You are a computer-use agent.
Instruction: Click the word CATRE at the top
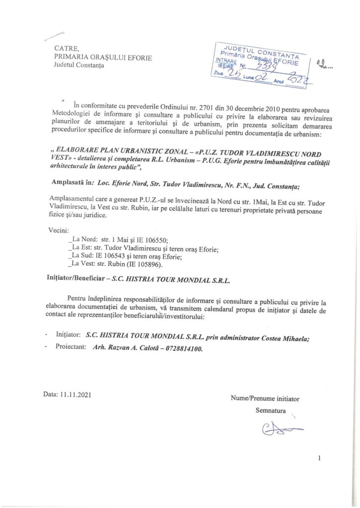pyautogui.click(x=67, y=48)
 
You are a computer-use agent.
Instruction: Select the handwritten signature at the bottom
pyautogui.click(x=281, y=428)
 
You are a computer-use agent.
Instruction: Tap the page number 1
pyautogui.click(x=319, y=458)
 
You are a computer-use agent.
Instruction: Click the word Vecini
pyautogui.click(x=61, y=231)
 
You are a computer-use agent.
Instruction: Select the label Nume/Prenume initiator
pyautogui.click(x=265, y=398)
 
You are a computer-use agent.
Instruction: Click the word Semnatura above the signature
pyautogui.click(x=271, y=410)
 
